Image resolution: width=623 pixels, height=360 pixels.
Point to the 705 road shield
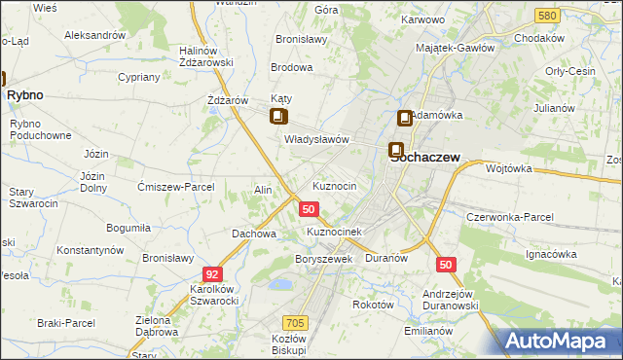click(296, 322)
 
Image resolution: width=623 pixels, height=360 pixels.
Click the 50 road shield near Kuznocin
click(309, 209)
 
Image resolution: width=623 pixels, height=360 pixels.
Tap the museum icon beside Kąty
click(278, 118)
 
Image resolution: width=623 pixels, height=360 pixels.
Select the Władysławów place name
click(316, 140)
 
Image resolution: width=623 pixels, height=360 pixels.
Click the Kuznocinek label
click(334, 233)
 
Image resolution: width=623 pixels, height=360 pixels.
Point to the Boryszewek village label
click(322, 260)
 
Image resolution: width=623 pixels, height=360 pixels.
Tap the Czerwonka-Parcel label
click(510, 217)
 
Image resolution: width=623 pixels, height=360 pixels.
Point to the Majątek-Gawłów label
click(457, 48)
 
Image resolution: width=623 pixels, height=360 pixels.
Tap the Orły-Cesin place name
click(570, 71)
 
